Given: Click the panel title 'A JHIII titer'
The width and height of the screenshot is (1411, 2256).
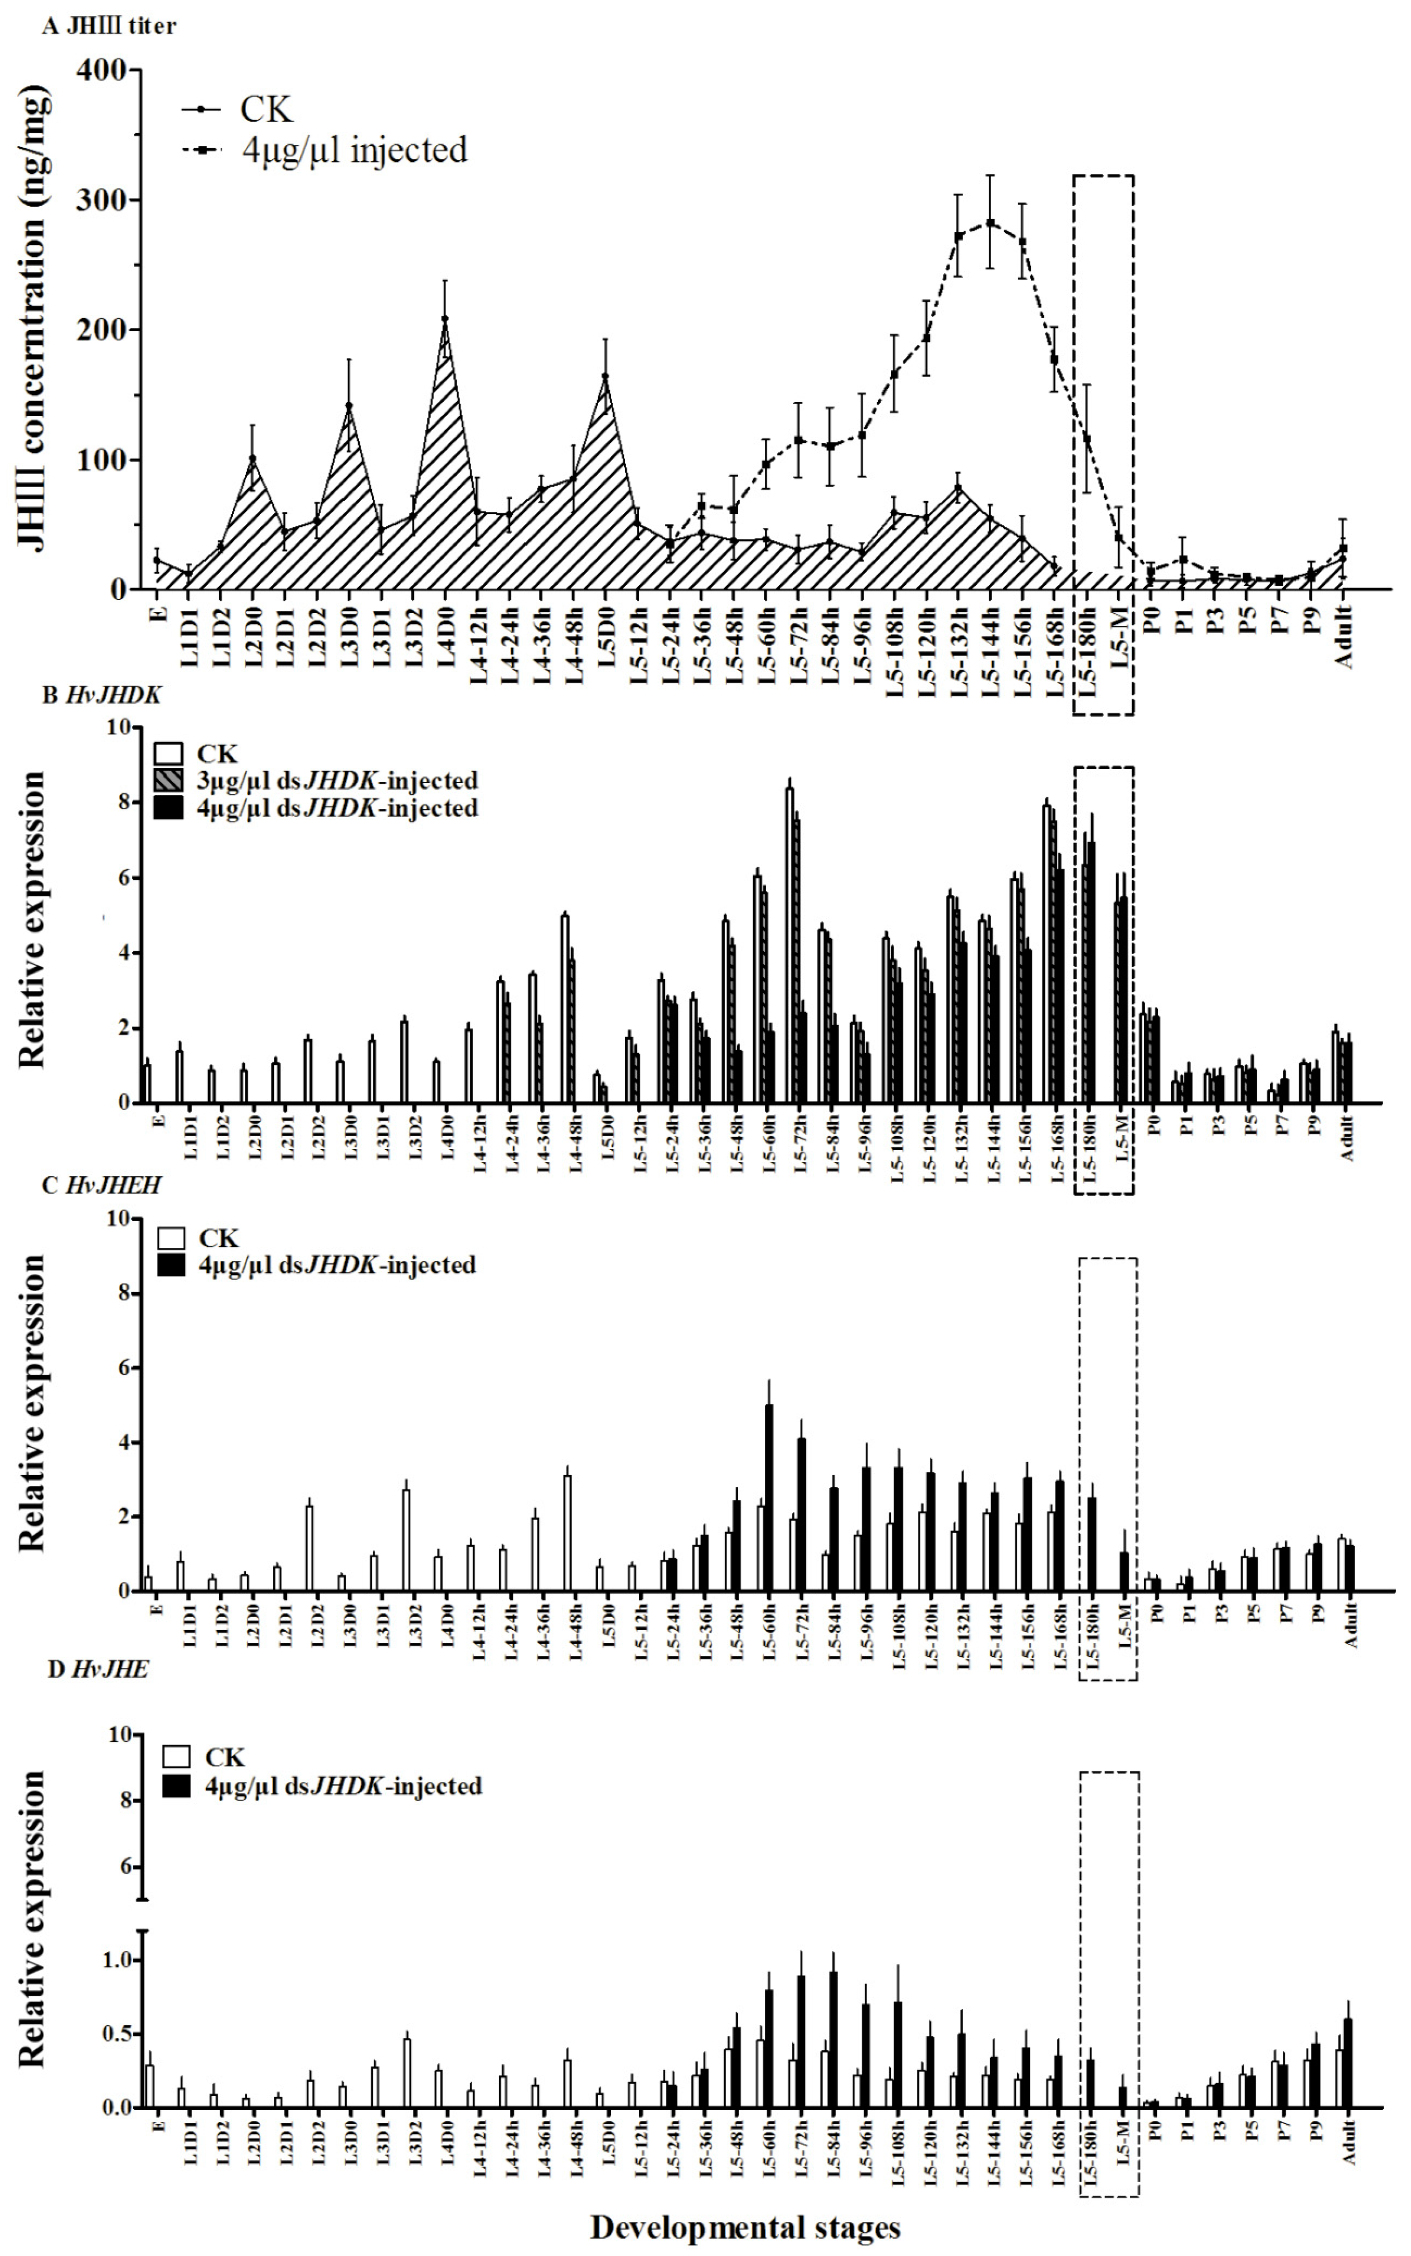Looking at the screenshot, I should click(x=109, y=26).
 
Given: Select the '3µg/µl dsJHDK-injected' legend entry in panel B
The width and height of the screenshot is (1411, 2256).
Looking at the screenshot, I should click(x=336, y=780).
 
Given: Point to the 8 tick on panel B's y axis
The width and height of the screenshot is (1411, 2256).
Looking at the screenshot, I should click(x=120, y=803).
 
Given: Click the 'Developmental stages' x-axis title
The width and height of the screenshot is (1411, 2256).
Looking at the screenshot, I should click(x=745, y=2228).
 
